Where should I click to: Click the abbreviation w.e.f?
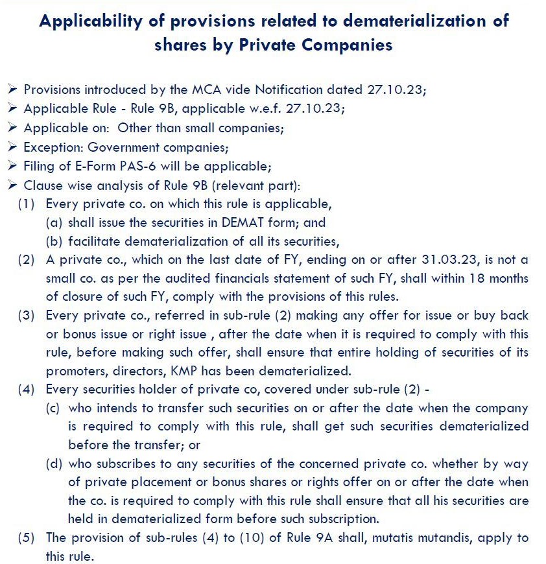coord(264,108)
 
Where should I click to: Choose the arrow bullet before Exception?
coord(14,147)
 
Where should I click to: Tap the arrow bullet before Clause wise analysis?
coord(14,185)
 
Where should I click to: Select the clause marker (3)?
coord(27,316)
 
